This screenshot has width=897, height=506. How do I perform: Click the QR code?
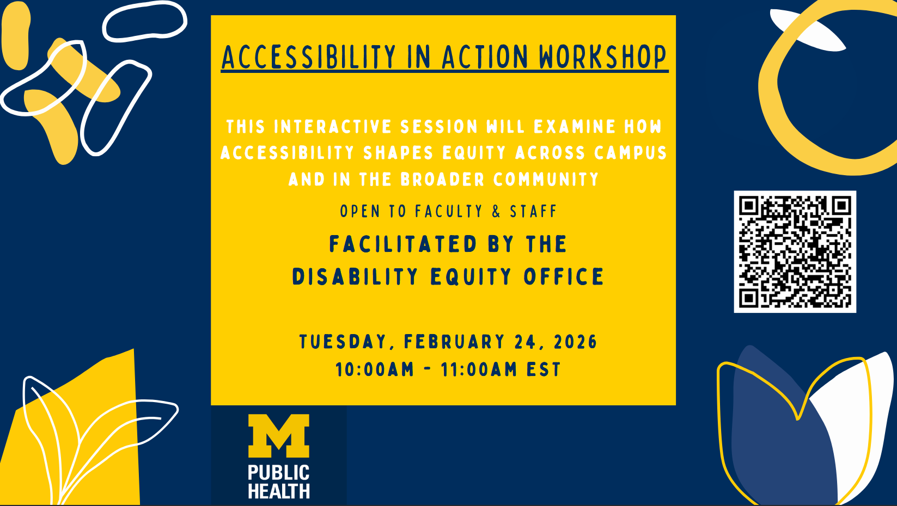tap(795, 251)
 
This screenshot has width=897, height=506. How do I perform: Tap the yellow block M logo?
tap(279, 436)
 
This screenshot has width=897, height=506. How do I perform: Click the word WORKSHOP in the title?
tap(603, 57)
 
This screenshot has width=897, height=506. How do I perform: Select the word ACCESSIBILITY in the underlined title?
tap(309, 57)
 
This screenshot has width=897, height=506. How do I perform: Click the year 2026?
tap(576, 342)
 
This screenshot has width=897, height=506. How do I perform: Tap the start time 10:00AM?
tap(375, 369)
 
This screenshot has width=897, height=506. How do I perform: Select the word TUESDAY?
tap(343, 342)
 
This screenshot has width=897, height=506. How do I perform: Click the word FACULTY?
tap(449, 211)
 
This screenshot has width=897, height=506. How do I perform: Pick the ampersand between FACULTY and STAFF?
tap(496, 211)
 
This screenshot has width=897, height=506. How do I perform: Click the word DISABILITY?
tap(355, 277)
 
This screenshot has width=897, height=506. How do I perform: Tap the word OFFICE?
tap(564, 277)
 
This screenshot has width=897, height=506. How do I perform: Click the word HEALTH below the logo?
tap(279, 491)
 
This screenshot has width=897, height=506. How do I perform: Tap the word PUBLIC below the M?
tap(279, 472)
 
